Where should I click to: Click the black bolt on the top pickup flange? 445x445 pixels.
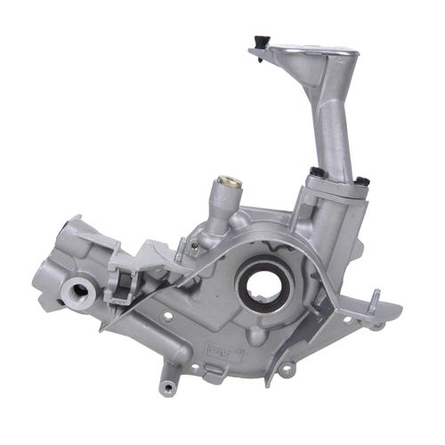click(261, 40)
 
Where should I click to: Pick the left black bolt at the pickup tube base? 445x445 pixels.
click(316, 172)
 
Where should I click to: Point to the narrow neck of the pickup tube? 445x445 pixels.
click(331, 125)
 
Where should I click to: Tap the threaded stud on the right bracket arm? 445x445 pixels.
click(374, 297)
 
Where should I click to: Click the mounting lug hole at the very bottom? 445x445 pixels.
click(168, 386)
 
